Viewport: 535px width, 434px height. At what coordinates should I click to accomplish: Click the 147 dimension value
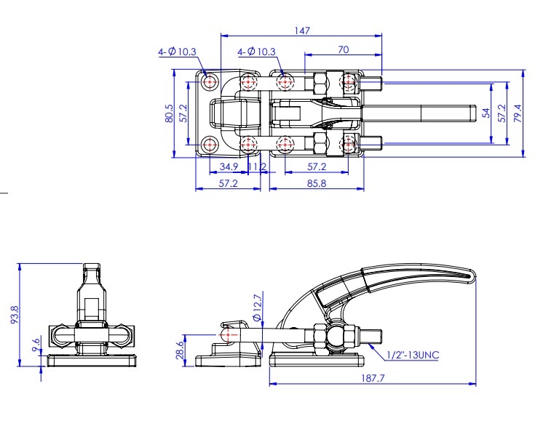click(302, 31)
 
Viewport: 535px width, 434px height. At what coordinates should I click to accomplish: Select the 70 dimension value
click(344, 49)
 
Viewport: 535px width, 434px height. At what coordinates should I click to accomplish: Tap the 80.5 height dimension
click(169, 113)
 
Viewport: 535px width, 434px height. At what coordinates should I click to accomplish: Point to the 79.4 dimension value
click(518, 113)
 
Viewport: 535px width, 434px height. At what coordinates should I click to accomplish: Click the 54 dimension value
click(486, 113)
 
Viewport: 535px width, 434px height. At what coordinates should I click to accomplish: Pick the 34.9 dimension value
click(229, 166)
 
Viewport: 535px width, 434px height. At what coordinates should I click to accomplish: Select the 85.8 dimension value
click(317, 184)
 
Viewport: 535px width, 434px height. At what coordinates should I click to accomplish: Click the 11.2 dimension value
click(257, 166)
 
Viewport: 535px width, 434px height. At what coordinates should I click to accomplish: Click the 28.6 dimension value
click(180, 350)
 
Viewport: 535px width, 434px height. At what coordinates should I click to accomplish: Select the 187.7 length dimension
click(373, 378)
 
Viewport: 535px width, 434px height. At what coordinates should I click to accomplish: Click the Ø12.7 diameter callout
click(258, 306)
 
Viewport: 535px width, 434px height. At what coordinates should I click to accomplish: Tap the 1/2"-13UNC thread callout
click(413, 355)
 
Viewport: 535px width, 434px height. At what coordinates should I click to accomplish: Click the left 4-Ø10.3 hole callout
click(177, 52)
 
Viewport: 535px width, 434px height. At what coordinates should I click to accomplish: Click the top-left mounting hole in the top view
click(210, 82)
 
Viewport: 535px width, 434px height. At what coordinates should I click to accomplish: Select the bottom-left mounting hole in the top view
click(210, 145)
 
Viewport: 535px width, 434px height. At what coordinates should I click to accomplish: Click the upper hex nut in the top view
click(321, 83)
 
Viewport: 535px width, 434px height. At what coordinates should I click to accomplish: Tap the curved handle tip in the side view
click(472, 276)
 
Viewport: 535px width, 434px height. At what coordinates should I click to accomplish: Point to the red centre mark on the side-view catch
click(228, 335)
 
